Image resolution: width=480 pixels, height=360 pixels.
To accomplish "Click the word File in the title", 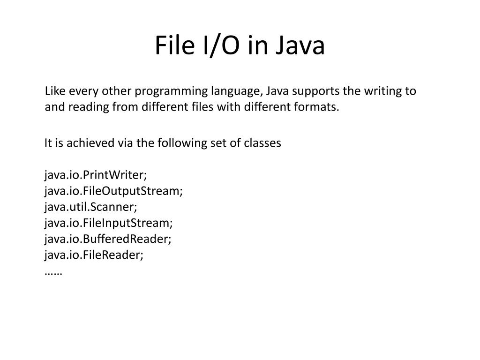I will click(x=173, y=46).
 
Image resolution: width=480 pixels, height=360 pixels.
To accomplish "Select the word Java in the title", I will click(x=300, y=46).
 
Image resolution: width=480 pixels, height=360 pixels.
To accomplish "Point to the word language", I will click(x=233, y=91).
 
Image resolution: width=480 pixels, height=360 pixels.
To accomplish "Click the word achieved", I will click(x=86, y=143).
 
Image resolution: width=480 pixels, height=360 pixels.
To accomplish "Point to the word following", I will click(x=173, y=143).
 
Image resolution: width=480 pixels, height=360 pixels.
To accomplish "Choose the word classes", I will click(x=262, y=143).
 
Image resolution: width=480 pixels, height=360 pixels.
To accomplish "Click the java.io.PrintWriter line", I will click(x=96, y=175).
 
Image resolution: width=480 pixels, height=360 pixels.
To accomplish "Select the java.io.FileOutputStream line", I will click(x=114, y=191).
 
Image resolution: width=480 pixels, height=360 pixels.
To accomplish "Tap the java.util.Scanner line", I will click(x=91, y=207).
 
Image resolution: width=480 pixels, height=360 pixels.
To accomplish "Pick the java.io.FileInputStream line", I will click(x=109, y=223).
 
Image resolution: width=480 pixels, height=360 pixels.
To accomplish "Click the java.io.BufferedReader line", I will click(x=108, y=239).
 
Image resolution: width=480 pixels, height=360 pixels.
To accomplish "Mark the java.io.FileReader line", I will click(x=94, y=255).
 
